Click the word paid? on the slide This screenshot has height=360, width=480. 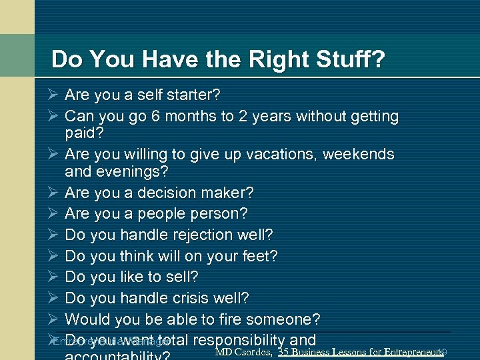[84, 133]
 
